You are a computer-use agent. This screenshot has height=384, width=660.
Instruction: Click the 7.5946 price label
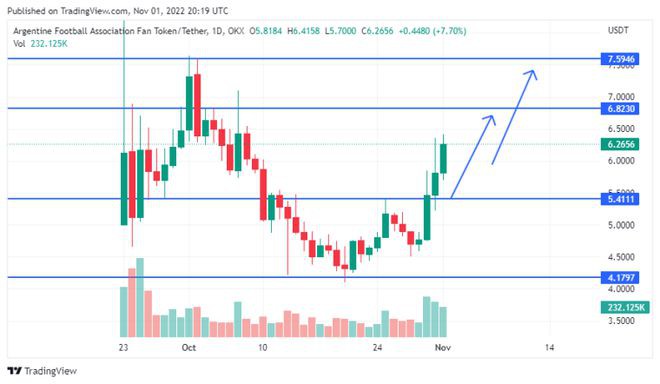point(620,60)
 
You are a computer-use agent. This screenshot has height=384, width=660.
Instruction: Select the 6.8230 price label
point(620,108)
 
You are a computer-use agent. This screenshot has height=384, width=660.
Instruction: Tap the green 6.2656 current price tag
point(620,144)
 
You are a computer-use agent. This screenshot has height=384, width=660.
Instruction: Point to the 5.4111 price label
point(620,199)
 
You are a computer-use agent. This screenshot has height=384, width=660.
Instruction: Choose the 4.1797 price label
point(620,276)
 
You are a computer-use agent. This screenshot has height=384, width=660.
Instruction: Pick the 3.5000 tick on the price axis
point(621,322)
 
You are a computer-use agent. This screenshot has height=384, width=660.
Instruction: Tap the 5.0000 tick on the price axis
point(621,226)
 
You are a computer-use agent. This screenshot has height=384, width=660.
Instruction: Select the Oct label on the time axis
point(188,347)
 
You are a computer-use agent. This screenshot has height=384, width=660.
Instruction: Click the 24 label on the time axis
point(379,347)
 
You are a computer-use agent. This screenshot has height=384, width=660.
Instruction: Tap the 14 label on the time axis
point(551,347)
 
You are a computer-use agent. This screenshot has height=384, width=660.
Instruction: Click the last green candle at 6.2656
point(444,158)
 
